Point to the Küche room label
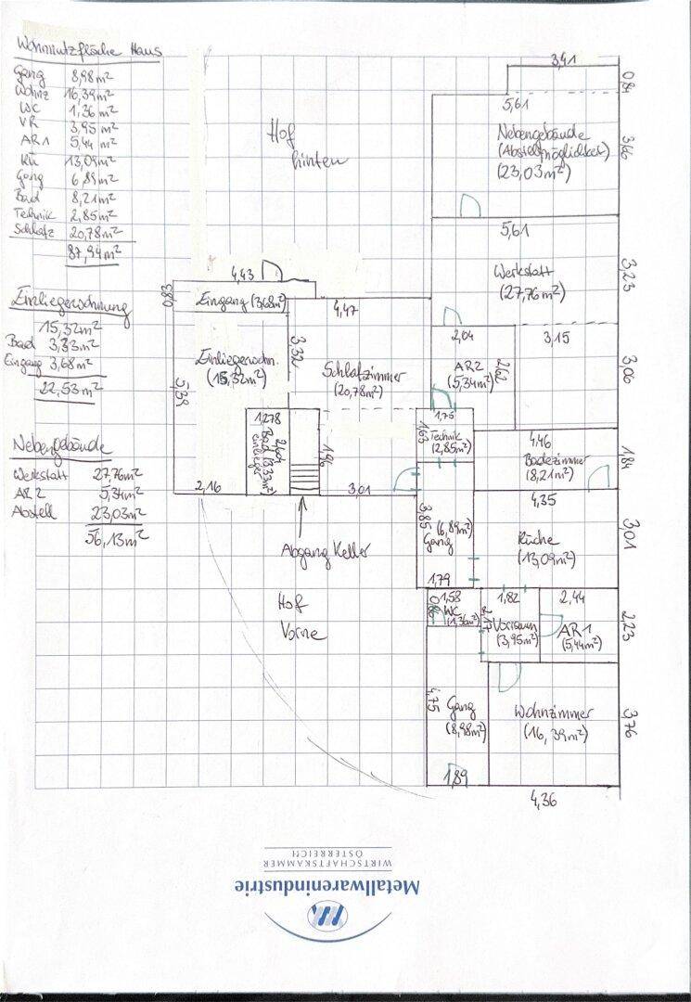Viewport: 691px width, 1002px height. (x=539, y=539)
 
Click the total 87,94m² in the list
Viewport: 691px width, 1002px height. (x=96, y=252)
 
